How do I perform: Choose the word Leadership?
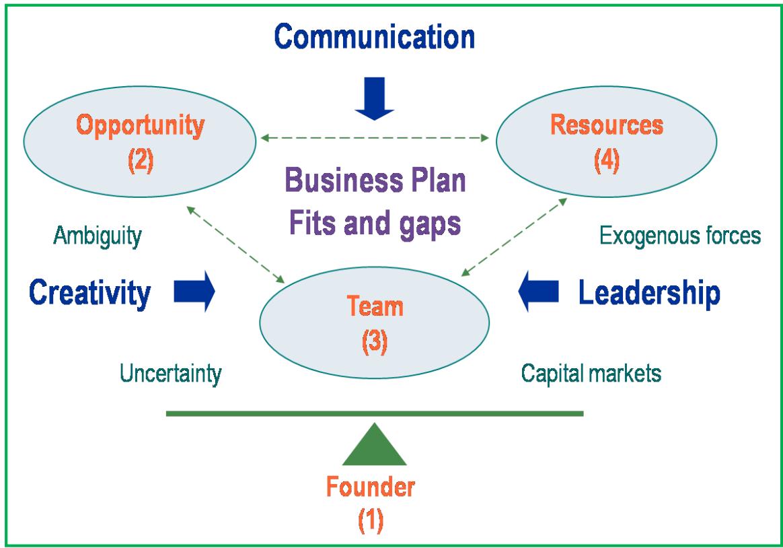click(650, 293)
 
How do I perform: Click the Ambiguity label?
click(98, 236)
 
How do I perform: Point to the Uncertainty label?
click(171, 374)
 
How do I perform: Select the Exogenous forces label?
click(679, 236)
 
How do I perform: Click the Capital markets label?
click(591, 374)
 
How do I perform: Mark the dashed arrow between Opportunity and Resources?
click(375, 139)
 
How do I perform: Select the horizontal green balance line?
click(374, 413)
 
